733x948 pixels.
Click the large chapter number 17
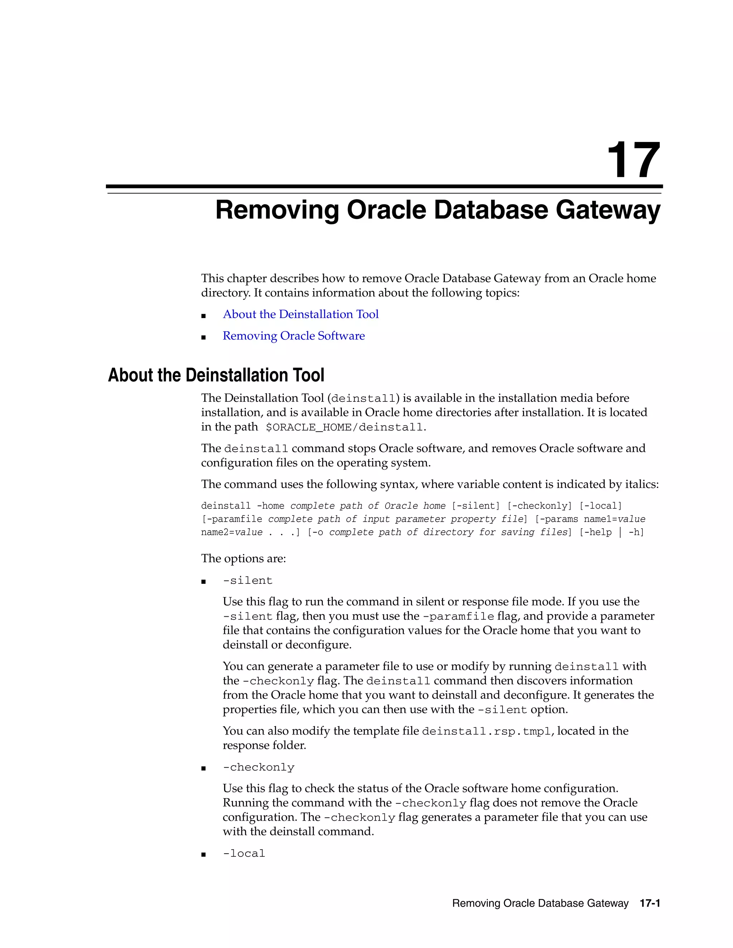point(634,161)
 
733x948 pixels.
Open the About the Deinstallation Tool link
point(301,314)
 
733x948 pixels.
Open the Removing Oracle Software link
point(293,336)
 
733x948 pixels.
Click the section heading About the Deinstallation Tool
point(216,375)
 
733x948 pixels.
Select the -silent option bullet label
point(248,581)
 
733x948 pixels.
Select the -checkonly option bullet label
point(258,767)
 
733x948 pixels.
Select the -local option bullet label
point(244,853)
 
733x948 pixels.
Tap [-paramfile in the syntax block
point(232,519)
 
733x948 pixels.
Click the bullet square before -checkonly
point(203,768)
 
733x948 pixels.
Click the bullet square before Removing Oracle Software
point(203,337)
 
